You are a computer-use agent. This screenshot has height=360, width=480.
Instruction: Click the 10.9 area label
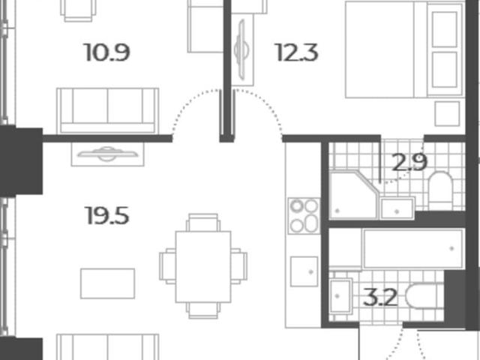coord(106,52)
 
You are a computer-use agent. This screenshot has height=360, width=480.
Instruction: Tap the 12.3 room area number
coord(297,52)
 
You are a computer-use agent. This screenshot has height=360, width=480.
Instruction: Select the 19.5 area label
coord(106,215)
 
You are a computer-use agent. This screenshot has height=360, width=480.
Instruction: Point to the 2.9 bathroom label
coord(409,162)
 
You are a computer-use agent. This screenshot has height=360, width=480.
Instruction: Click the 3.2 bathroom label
coord(380,297)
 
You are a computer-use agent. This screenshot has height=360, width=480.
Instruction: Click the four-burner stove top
coord(304,216)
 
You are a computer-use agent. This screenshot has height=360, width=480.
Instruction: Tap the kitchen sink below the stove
coord(304,271)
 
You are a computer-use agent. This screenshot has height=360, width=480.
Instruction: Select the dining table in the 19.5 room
coord(203,267)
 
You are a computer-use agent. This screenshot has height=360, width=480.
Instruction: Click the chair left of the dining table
coord(167,266)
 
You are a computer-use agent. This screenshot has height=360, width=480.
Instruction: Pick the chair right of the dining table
coord(239,266)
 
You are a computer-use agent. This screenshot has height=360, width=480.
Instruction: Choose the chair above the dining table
coord(203,223)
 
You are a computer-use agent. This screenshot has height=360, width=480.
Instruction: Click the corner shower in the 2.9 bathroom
coord(354,195)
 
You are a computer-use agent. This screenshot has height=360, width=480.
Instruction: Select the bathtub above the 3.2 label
coord(413,248)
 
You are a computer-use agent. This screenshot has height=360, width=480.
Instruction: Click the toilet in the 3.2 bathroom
coord(424,296)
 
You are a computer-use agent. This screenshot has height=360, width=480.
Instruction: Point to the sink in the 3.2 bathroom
coord(340,296)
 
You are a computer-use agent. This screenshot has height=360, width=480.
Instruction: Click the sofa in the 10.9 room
coord(107,111)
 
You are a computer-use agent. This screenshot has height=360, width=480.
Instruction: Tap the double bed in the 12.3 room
coord(404,49)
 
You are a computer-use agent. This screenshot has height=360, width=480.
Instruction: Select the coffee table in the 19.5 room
coord(107,283)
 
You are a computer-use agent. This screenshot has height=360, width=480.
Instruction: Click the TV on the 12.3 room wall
coord(241,49)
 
